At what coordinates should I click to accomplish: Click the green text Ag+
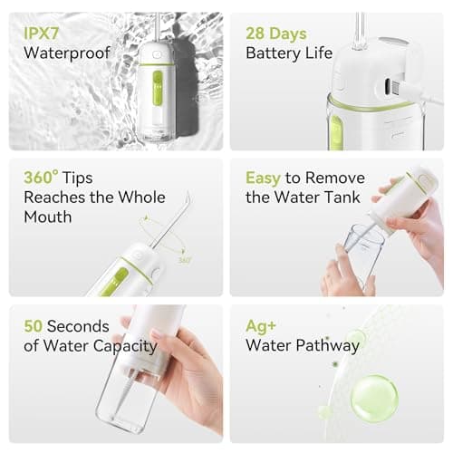261,325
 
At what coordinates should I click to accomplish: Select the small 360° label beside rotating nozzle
184,259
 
